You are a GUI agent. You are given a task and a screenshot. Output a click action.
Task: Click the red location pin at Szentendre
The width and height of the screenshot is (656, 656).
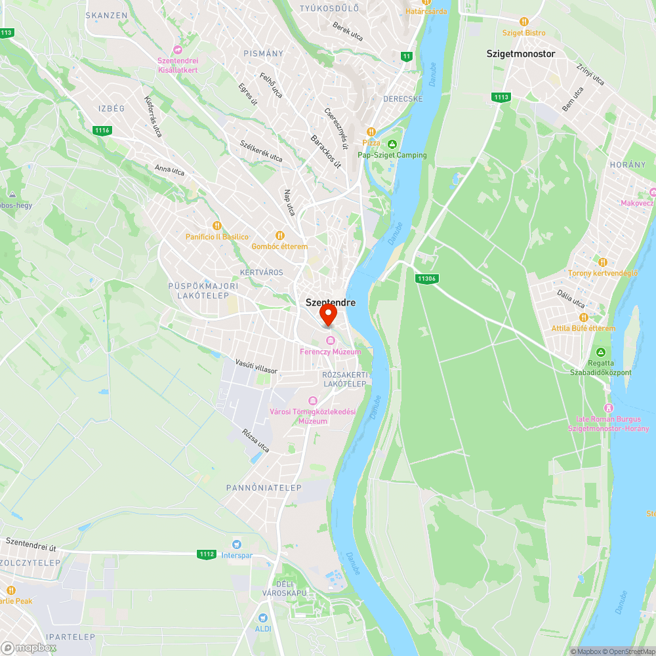327,315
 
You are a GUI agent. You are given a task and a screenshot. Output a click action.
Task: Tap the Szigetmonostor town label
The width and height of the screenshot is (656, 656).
521,54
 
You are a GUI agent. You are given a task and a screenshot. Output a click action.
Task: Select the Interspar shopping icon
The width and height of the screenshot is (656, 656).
236,544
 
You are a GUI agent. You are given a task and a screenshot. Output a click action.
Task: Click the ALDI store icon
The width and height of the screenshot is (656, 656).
263,618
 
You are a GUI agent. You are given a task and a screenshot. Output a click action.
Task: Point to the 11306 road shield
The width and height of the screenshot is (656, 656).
426,279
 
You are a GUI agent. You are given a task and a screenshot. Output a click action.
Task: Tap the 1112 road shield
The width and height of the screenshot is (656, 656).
206,554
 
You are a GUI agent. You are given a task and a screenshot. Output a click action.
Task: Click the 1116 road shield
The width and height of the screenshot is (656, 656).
102,131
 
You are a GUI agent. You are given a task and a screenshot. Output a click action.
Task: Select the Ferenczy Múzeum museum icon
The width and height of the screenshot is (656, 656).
330,340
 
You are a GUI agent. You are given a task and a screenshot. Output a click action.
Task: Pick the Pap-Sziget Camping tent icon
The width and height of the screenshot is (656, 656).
392,144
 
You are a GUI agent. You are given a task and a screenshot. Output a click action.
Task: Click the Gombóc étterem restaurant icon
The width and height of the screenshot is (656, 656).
280,235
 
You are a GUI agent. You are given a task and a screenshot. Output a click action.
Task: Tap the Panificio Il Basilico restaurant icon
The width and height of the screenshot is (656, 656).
209,226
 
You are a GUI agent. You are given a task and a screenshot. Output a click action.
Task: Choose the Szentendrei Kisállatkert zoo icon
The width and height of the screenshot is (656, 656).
177,50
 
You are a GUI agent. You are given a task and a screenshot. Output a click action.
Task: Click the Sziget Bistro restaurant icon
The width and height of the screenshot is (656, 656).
523,22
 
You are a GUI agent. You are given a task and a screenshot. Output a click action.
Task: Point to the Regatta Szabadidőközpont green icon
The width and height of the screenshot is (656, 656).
601,352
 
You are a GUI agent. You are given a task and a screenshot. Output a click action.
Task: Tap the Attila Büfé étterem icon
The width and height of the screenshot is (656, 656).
583,317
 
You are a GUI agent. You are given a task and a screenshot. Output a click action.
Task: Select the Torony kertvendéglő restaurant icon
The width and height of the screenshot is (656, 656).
603,262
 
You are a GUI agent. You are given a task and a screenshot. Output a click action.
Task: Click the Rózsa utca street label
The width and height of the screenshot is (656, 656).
256,441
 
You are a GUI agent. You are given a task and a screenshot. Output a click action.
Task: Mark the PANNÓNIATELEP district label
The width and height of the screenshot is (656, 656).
263,488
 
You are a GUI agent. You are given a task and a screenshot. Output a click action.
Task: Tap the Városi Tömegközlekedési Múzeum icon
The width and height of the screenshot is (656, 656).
313,401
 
